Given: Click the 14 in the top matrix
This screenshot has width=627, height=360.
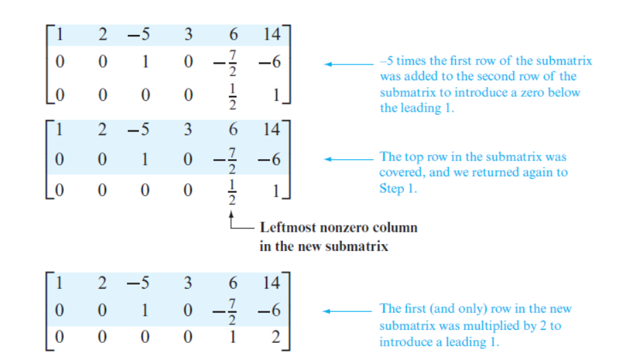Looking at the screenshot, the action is click(x=272, y=34).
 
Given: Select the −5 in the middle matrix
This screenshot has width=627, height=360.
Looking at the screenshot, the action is click(x=138, y=129).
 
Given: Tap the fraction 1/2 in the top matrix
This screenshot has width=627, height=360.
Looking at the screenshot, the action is click(x=232, y=96).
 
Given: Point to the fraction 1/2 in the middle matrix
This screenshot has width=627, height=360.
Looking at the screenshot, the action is click(x=232, y=191).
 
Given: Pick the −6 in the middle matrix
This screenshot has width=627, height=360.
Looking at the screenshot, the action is click(x=269, y=160).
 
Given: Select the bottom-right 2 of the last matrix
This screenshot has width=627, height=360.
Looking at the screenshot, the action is click(x=275, y=337).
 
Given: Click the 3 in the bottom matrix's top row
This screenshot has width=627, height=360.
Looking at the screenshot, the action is click(x=188, y=283).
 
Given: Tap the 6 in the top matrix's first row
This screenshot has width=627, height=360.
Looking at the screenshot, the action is click(x=233, y=34).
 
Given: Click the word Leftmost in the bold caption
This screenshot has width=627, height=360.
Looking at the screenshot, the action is click(x=288, y=227).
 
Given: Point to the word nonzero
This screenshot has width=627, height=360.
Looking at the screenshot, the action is click(x=344, y=228).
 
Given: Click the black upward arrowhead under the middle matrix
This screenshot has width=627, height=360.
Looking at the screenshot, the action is click(x=231, y=215).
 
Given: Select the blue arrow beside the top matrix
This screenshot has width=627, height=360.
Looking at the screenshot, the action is click(x=348, y=64).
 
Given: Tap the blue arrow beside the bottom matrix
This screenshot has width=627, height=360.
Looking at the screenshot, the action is click(x=347, y=311).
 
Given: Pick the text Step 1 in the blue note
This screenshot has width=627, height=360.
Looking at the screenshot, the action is click(x=398, y=188).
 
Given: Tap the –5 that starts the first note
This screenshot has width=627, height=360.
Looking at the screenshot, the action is click(x=386, y=60).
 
